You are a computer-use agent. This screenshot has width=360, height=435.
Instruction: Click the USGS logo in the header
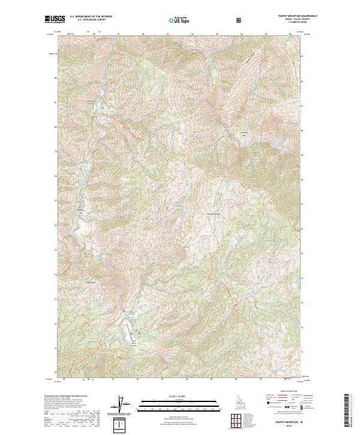point(54,20)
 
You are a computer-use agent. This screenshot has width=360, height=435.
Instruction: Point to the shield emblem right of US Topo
point(206,20)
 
